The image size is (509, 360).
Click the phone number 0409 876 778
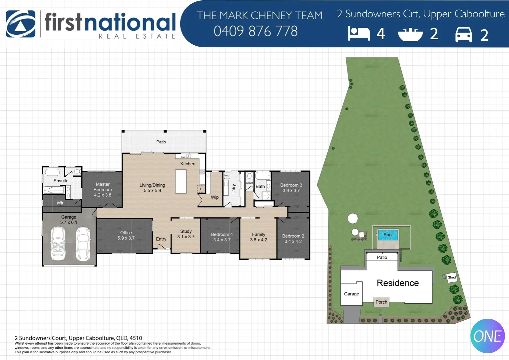point(255,31)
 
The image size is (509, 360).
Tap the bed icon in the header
point(359,34)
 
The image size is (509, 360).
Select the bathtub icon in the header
point(410,34)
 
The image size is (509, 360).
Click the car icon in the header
point(464,34)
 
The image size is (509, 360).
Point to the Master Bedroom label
point(103,189)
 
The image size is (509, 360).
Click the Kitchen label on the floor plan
point(188,164)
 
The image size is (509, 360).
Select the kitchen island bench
point(181,181)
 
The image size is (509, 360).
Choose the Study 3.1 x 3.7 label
point(186,234)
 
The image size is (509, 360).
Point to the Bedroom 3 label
point(291,188)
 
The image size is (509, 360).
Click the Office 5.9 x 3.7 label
point(126,235)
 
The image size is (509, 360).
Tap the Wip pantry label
point(215,197)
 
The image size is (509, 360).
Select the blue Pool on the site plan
point(388,235)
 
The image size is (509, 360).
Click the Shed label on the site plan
point(452,277)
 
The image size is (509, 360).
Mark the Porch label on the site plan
point(381,302)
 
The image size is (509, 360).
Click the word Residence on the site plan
point(398,283)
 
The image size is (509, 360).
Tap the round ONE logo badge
point(487,336)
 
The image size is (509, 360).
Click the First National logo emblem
point(21,24)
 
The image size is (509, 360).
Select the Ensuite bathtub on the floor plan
point(52,172)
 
